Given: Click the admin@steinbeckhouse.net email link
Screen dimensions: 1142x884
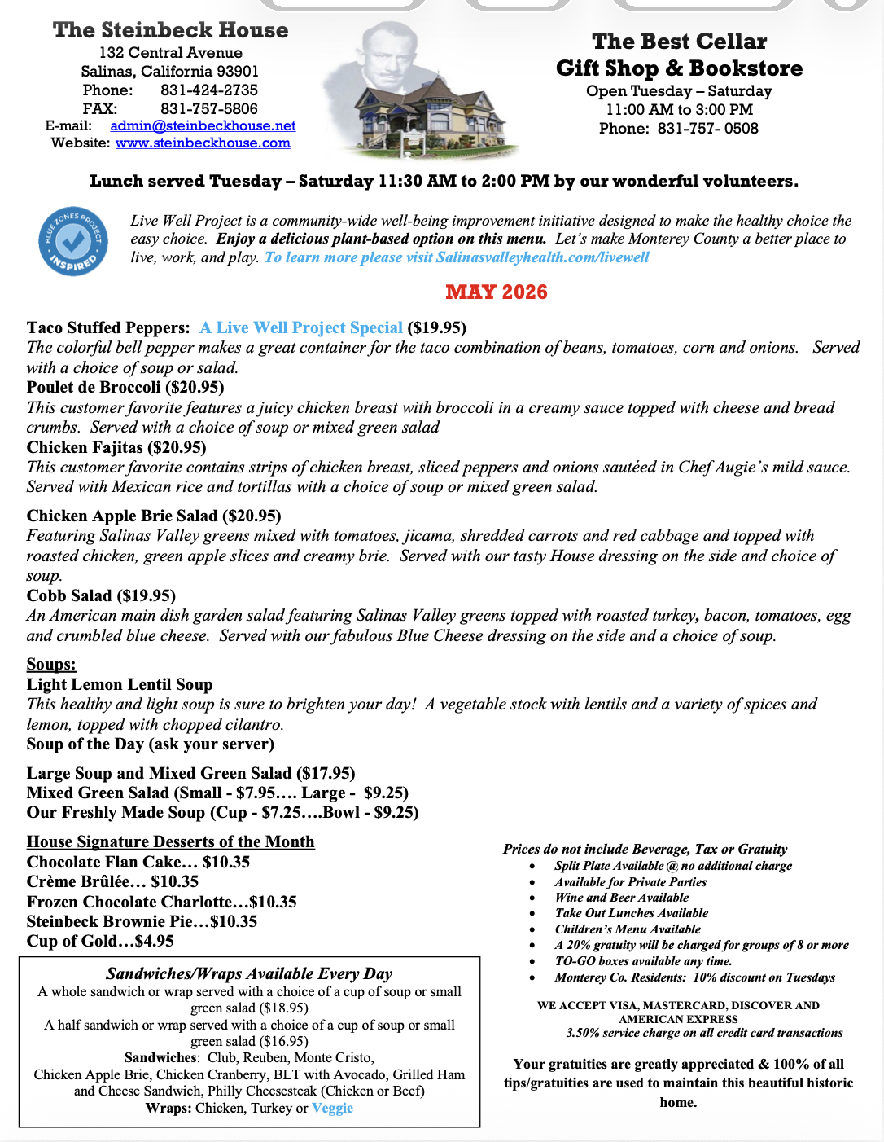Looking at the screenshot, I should coord(203,125).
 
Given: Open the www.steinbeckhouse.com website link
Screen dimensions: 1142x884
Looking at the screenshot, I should coord(203,143).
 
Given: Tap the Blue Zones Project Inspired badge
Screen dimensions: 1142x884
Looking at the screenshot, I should coord(73,241).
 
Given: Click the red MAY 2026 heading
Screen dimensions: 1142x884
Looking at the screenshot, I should coord(496,292).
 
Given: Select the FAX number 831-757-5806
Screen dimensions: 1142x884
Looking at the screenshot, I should coord(208,108).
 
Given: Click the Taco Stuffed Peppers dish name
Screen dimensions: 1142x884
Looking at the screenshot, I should coord(108,327).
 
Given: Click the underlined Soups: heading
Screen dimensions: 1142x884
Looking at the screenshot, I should coord(51,664).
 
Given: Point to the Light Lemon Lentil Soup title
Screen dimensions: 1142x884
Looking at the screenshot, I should coord(120,684).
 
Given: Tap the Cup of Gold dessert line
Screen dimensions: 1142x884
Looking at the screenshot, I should coord(100,941).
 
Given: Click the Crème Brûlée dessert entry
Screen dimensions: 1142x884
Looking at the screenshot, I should coord(112,881).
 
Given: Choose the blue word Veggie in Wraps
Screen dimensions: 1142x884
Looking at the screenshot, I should coord(332,1108).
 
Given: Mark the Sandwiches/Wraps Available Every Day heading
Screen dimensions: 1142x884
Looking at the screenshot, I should coord(249,973).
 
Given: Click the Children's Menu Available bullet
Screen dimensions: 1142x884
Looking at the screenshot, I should coord(628,929).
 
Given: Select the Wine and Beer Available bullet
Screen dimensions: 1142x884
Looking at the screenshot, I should coord(622,898).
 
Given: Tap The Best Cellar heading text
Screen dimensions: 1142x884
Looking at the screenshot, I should coord(679,42).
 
